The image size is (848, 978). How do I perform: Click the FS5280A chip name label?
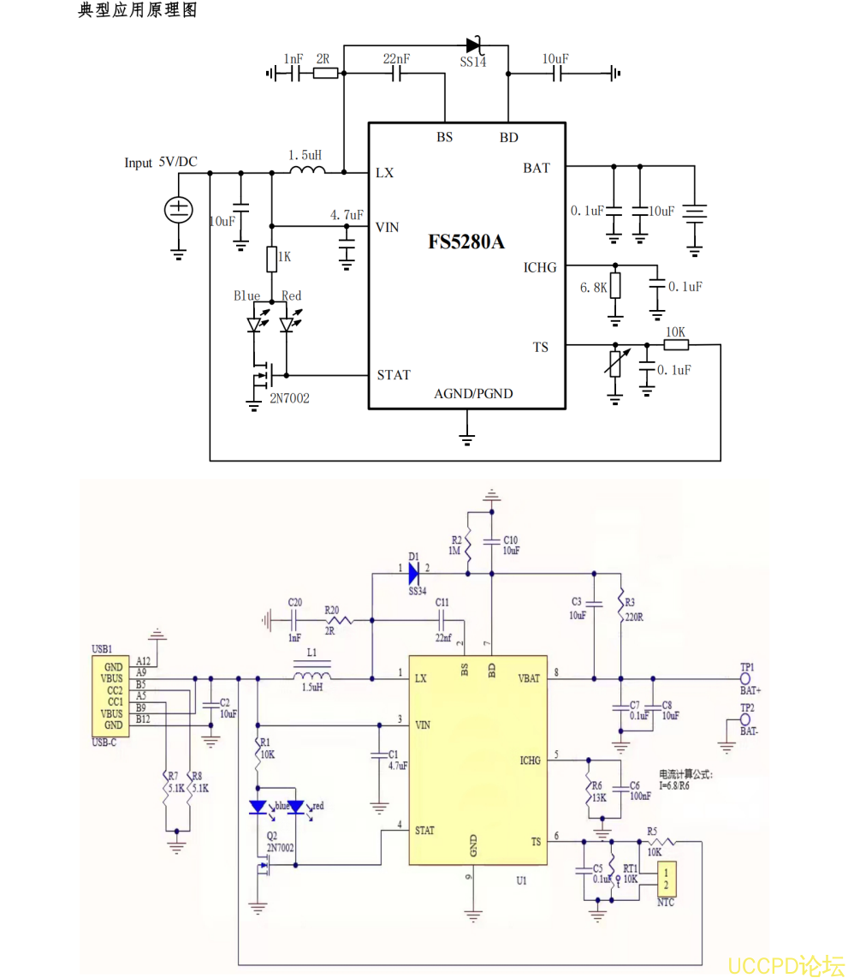coord(466,242)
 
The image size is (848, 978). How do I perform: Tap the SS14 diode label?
coord(472,63)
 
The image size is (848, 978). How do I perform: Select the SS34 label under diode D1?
coord(417,591)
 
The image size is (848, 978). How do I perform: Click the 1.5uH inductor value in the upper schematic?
coord(305,155)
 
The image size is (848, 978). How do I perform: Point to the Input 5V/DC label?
coord(161,163)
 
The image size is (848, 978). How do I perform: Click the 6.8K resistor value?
coord(593,288)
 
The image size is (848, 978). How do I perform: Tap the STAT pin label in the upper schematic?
coord(394,375)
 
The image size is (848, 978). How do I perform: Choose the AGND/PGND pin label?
coord(473,394)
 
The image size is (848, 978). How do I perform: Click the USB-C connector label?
coord(104,742)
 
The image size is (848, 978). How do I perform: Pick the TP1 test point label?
coord(747,666)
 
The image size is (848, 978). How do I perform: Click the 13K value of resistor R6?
coord(598,796)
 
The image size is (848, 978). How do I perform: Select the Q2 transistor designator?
coord(271,835)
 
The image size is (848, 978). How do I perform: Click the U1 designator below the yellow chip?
coord(521,880)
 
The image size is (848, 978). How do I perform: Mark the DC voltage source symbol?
coord(179,210)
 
